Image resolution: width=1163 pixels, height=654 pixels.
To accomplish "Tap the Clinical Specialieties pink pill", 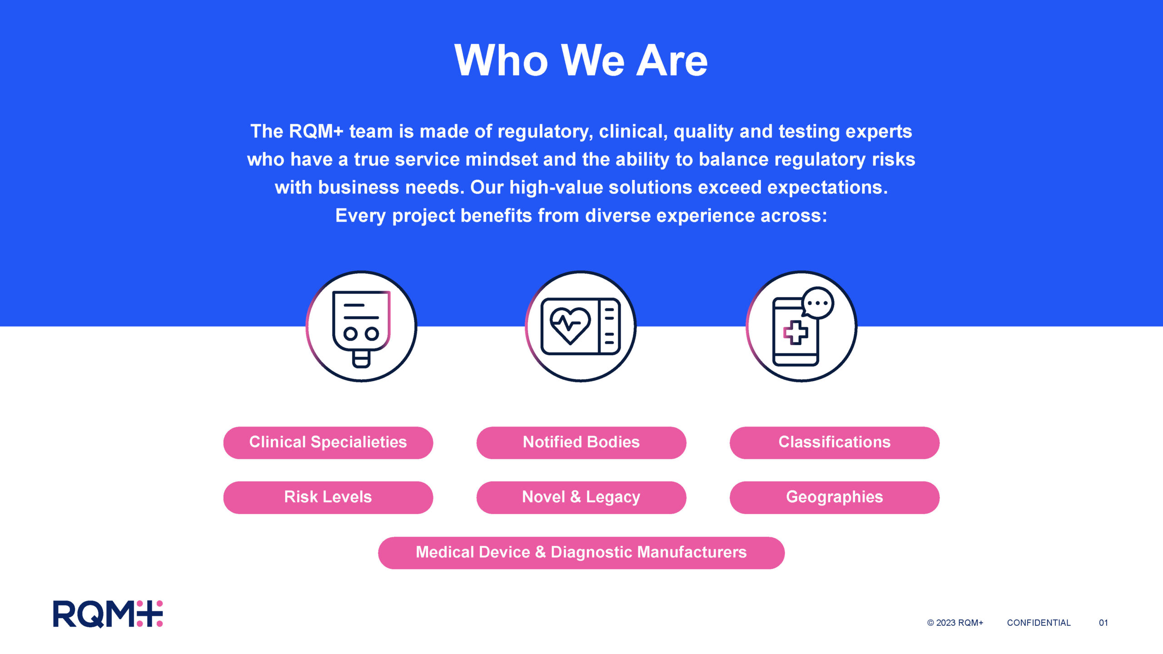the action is (328, 442).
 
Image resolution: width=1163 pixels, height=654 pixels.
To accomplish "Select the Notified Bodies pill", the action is (581, 442).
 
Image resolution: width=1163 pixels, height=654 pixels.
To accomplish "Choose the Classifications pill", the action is (835, 442).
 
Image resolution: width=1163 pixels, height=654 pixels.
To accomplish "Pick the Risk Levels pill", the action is (328, 497).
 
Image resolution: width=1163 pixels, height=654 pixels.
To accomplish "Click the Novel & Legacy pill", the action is (581, 497).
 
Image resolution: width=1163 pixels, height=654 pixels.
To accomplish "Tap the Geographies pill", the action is (835, 497).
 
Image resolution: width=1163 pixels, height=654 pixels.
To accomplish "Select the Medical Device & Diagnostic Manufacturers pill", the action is (581, 553).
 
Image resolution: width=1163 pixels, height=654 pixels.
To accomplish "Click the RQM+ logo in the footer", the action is (108, 614).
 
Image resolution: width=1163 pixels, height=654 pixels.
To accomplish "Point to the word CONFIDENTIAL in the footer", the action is (1039, 623).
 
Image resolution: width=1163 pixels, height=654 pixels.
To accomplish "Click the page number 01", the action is (1103, 623).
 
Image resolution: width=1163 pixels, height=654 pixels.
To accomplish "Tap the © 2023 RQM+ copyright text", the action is (955, 623).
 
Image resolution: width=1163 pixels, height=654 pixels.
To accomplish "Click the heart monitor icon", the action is (581, 326).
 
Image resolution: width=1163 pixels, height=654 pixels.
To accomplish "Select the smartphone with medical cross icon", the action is (802, 326).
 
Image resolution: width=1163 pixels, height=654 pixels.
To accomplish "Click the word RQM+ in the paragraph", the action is (316, 131).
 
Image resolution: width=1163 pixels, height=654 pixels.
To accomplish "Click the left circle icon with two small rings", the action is (361, 326).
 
